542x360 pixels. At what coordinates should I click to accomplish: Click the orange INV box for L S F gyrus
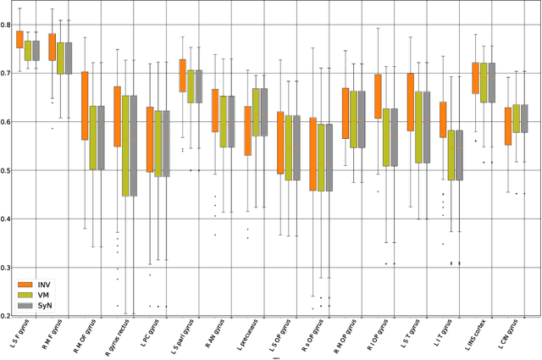19,39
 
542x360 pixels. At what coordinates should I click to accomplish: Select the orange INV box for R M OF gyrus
85,106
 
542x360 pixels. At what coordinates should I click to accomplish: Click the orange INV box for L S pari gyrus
183,75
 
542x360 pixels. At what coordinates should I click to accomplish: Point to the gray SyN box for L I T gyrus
460,155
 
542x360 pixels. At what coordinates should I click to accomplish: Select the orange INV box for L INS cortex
476,78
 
